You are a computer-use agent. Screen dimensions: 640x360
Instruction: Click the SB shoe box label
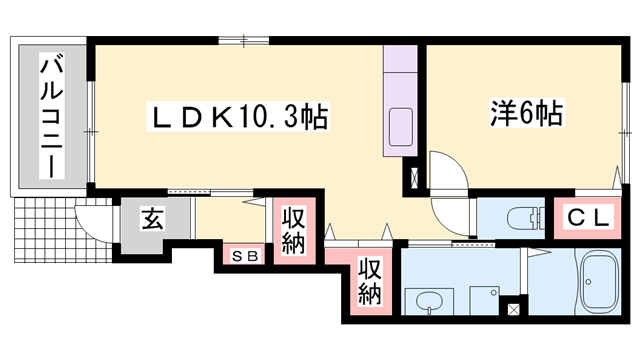pyautogui.click(x=246, y=255)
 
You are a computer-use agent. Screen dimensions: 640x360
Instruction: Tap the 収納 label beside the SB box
pyautogui.click(x=294, y=231)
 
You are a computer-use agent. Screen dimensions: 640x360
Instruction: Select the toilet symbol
pyautogui.click(x=523, y=219)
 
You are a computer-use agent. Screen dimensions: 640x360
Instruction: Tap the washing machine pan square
pyautogui.click(x=481, y=301)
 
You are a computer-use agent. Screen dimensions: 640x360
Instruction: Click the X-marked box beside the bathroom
pyautogui.click(x=514, y=311)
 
